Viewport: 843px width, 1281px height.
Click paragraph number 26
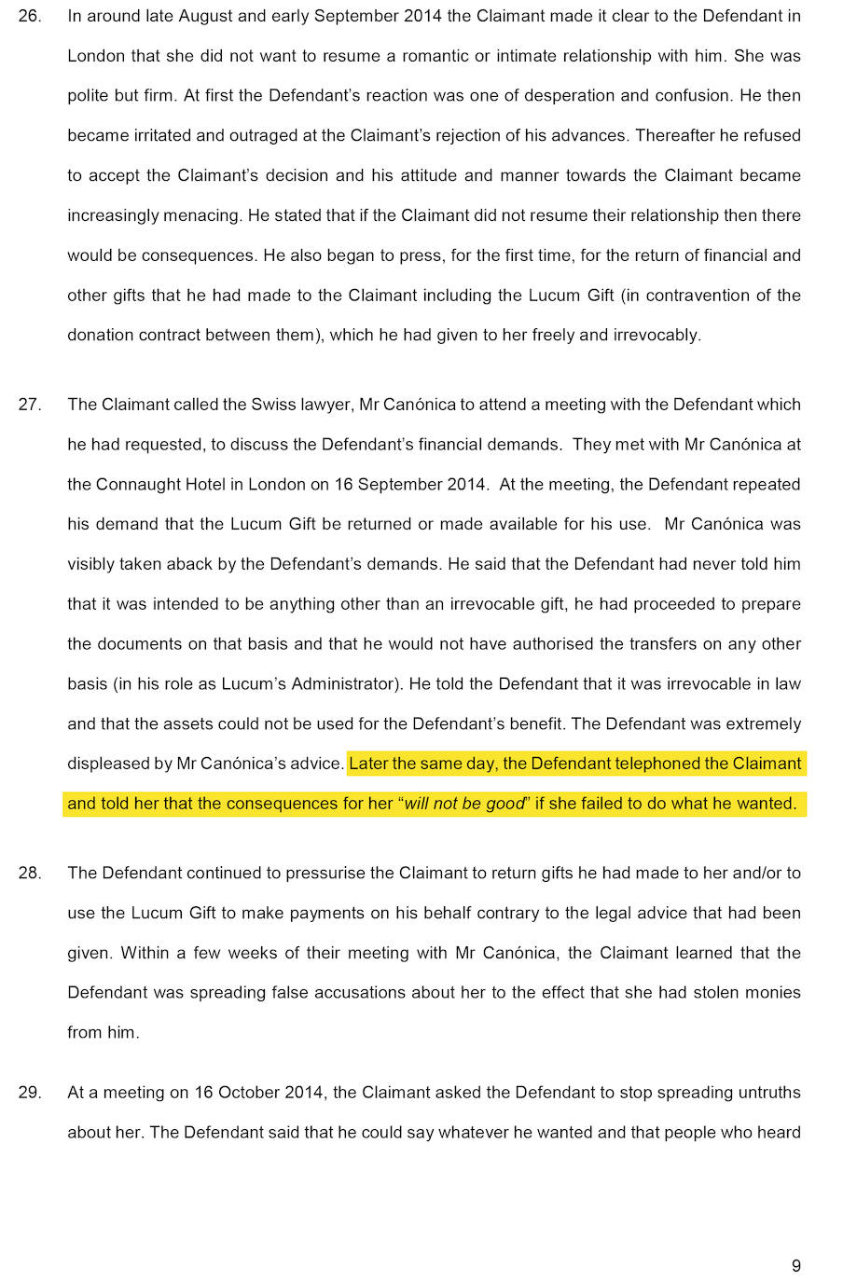pos(29,16)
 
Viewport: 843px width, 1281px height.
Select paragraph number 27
pos(29,405)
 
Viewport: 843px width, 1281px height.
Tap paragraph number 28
pos(29,874)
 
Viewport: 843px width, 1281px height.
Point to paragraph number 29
pos(29,1093)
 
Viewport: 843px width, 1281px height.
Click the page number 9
pos(795,1266)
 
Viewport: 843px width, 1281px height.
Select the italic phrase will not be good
pos(464,804)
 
